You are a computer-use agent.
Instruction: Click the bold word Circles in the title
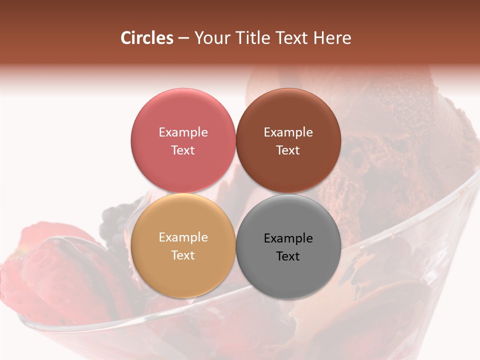tap(146, 38)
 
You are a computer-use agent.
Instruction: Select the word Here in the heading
tap(332, 38)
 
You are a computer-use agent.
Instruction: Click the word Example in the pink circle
tap(183, 132)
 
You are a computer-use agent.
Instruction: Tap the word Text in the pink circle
tap(183, 150)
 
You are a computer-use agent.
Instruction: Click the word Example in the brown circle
tap(288, 132)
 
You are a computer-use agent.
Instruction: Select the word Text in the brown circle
tap(288, 150)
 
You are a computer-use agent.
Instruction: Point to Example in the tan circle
tap(183, 237)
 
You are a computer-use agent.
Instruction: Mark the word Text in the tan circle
tap(183, 255)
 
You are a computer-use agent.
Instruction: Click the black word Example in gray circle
tap(288, 238)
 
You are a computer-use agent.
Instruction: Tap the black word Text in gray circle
tap(288, 256)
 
